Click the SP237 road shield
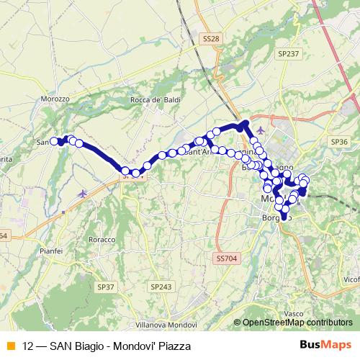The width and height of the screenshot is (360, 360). pyautogui.click(x=288, y=54)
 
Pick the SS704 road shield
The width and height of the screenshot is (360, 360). pyautogui.click(x=225, y=257)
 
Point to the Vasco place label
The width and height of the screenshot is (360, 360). pyautogui.click(x=294, y=314)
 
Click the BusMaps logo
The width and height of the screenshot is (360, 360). pyautogui.click(x=327, y=346)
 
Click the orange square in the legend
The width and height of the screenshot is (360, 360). pyautogui.click(x=10, y=346)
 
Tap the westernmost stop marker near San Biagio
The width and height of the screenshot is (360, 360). pyautogui.click(x=54, y=141)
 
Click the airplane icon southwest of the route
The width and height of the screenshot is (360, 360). pyautogui.click(x=84, y=193)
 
